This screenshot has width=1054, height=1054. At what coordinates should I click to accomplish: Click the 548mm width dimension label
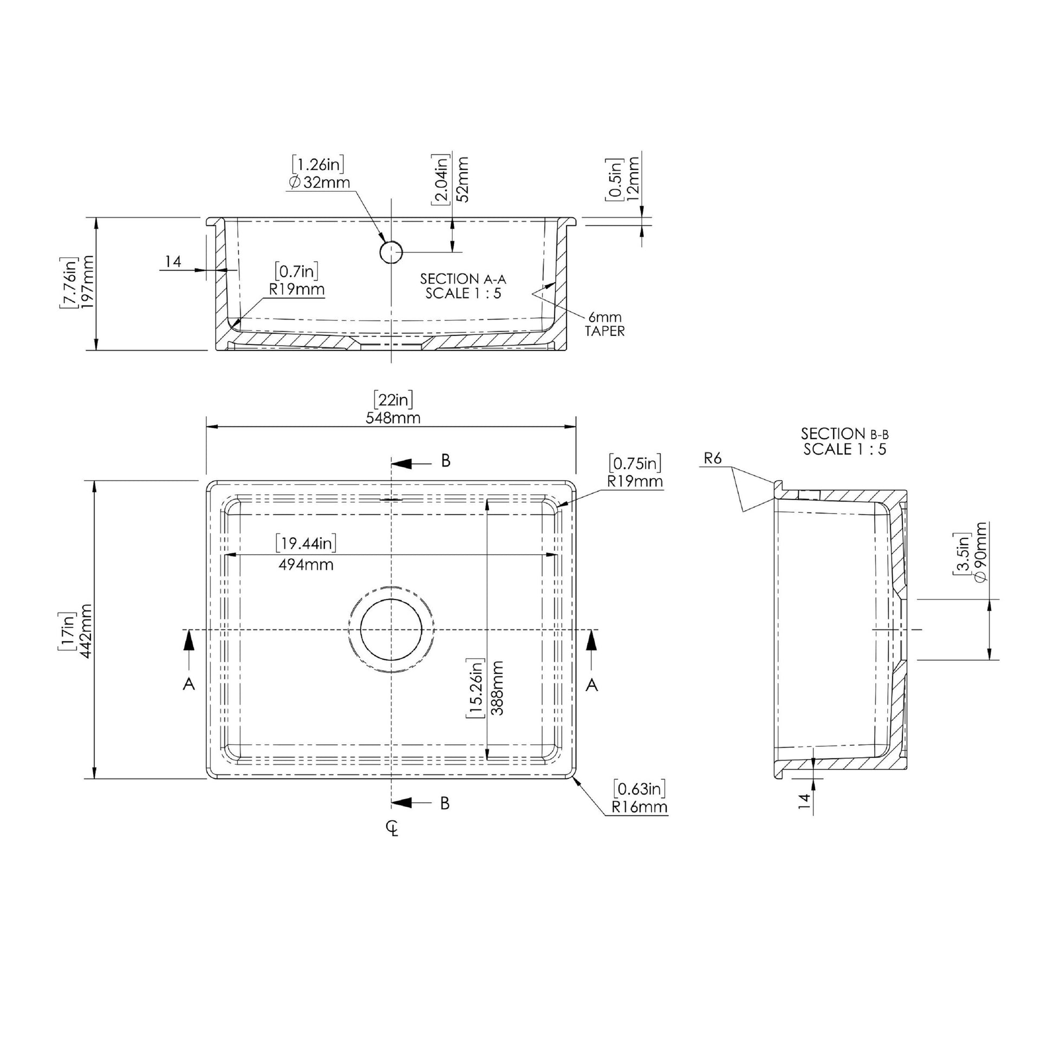393,419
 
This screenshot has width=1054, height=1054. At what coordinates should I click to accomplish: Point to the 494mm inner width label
305,564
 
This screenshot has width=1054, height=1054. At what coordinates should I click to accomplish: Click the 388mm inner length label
497,688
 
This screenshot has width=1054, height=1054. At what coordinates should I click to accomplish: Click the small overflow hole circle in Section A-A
391,252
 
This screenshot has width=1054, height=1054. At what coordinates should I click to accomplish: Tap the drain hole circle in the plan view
391,629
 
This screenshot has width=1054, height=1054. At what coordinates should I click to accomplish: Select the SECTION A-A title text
463,279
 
